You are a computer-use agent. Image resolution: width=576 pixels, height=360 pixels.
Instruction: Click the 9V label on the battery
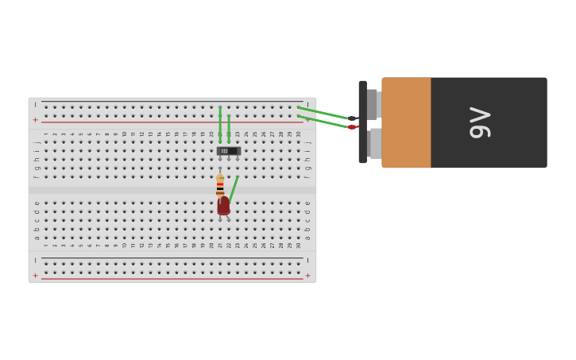click(480, 122)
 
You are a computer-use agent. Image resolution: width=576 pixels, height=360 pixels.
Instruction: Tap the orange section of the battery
click(406, 122)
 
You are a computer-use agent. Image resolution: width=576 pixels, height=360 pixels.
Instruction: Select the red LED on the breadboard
click(224, 206)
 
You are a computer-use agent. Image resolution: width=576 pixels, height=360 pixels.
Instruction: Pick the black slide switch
click(229, 151)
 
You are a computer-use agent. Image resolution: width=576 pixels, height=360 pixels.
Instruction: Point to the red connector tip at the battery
click(351, 127)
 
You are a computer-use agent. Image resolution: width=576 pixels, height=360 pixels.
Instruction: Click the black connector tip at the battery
click(351, 118)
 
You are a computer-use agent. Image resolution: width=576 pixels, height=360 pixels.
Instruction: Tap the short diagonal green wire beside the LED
click(234, 189)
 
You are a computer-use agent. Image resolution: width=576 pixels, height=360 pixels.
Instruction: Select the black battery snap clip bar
click(362, 122)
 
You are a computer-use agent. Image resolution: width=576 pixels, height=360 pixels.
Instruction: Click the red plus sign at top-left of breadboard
click(35, 120)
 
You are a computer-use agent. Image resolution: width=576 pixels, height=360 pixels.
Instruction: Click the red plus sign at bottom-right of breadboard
click(308, 275)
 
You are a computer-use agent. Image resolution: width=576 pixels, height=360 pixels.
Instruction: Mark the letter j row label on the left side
click(37, 142)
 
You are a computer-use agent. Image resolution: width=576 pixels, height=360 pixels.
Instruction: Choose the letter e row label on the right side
click(308, 203)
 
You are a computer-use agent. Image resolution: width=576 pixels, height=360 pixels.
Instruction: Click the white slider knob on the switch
click(225, 151)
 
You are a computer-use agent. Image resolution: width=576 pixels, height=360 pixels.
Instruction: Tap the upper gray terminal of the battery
click(373, 104)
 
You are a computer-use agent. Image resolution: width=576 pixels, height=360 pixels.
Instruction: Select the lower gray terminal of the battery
click(375, 144)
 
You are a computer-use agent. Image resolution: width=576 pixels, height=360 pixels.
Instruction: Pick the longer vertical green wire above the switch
click(220, 123)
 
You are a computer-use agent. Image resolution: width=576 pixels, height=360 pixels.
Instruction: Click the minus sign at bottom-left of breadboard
click(35, 260)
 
